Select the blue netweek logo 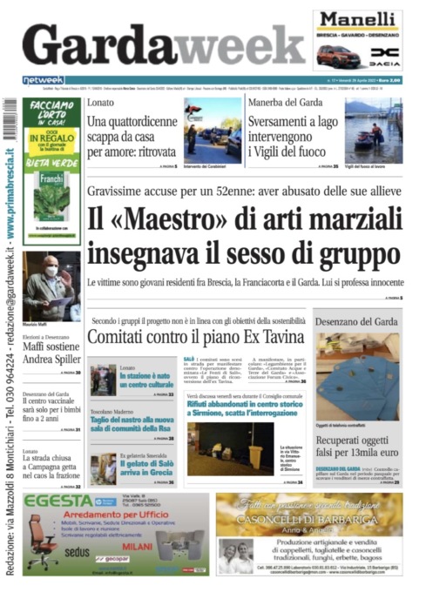[x=43, y=80]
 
